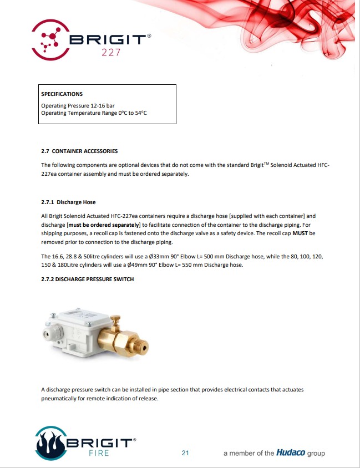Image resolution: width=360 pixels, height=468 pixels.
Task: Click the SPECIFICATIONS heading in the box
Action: point(62,94)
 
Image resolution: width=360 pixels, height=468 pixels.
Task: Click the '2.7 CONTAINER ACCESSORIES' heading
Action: point(79,151)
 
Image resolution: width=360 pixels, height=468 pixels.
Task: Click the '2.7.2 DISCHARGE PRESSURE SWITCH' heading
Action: point(87,279)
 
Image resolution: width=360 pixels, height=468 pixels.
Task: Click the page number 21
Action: point(185,453)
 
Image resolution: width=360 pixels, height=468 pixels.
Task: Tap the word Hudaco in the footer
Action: point(288,453)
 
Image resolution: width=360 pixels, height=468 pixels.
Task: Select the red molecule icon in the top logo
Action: point(51,39)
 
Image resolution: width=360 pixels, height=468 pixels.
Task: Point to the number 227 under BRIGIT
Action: point(111,53)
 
